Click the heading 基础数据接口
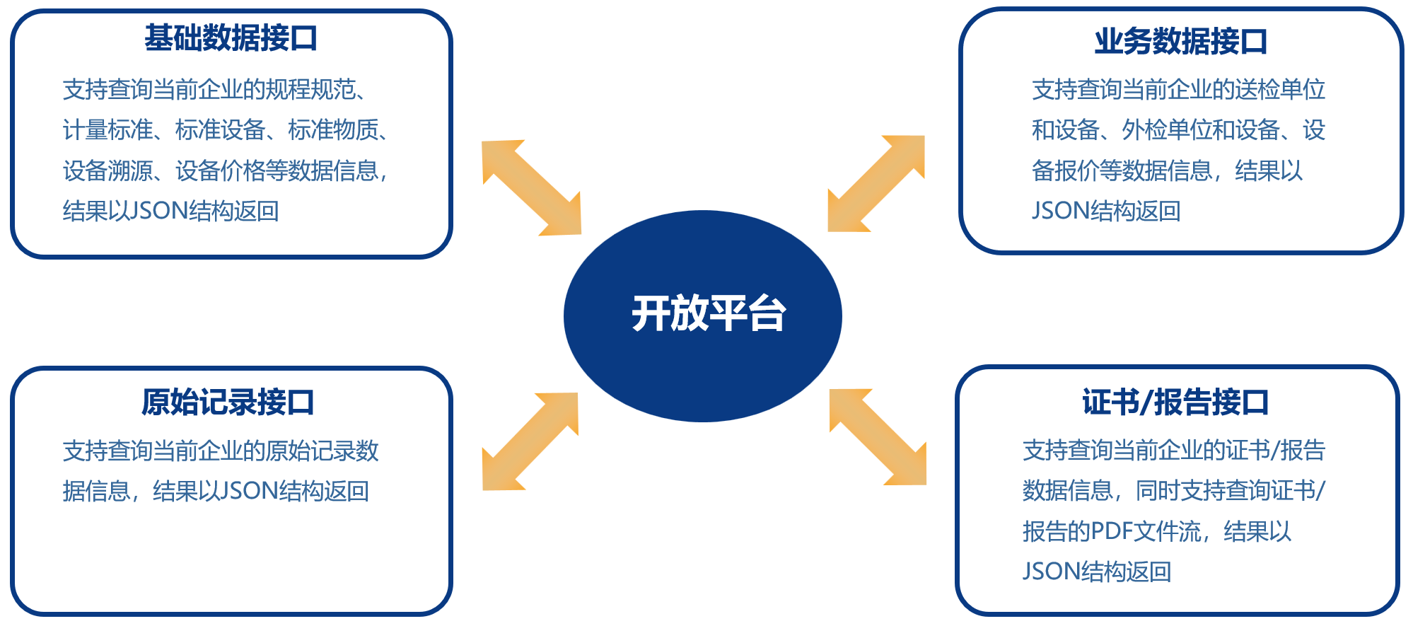pyautogui.click(x=231, y=38)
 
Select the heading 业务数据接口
pyautogui.click(x=1180, y=41)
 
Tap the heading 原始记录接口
pyautogui.click(x=228, y=402)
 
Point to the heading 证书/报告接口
pyautogui.click(x=1175, y=402)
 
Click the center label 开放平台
pyautogui.click(x=709, y=313)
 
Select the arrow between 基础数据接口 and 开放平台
pyautogui.click(x=532, y=187)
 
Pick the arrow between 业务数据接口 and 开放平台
pyautogui.click(x=876, y=183)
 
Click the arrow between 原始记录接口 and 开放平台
pyautogui.click(x=530, y=441)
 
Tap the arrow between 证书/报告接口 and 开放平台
pyautogui.click(x=878, y=437)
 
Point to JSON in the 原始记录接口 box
pyautogui.click(x=250, y=491)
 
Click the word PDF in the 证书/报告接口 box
pyautogui.click(x=1112, y=531)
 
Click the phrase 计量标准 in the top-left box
pyautogui.click(x=107, y=130)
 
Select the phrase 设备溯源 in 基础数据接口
pyautogui.click(x=107, y=170)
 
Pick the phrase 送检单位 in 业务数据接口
pyautogui.click(x=1280, y=90)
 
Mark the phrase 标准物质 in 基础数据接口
pyautogui.click(x=333, y=130)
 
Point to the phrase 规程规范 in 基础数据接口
pyautogui.click(x=310, y=90)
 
